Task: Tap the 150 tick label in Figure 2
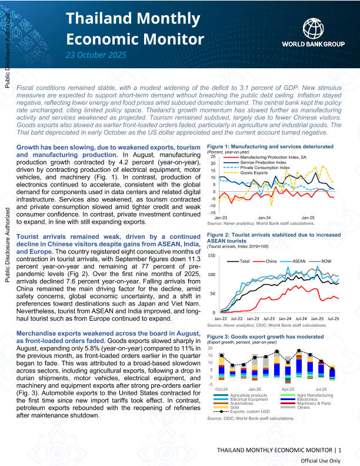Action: click(212, 256)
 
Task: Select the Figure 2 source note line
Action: click(267, 325)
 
